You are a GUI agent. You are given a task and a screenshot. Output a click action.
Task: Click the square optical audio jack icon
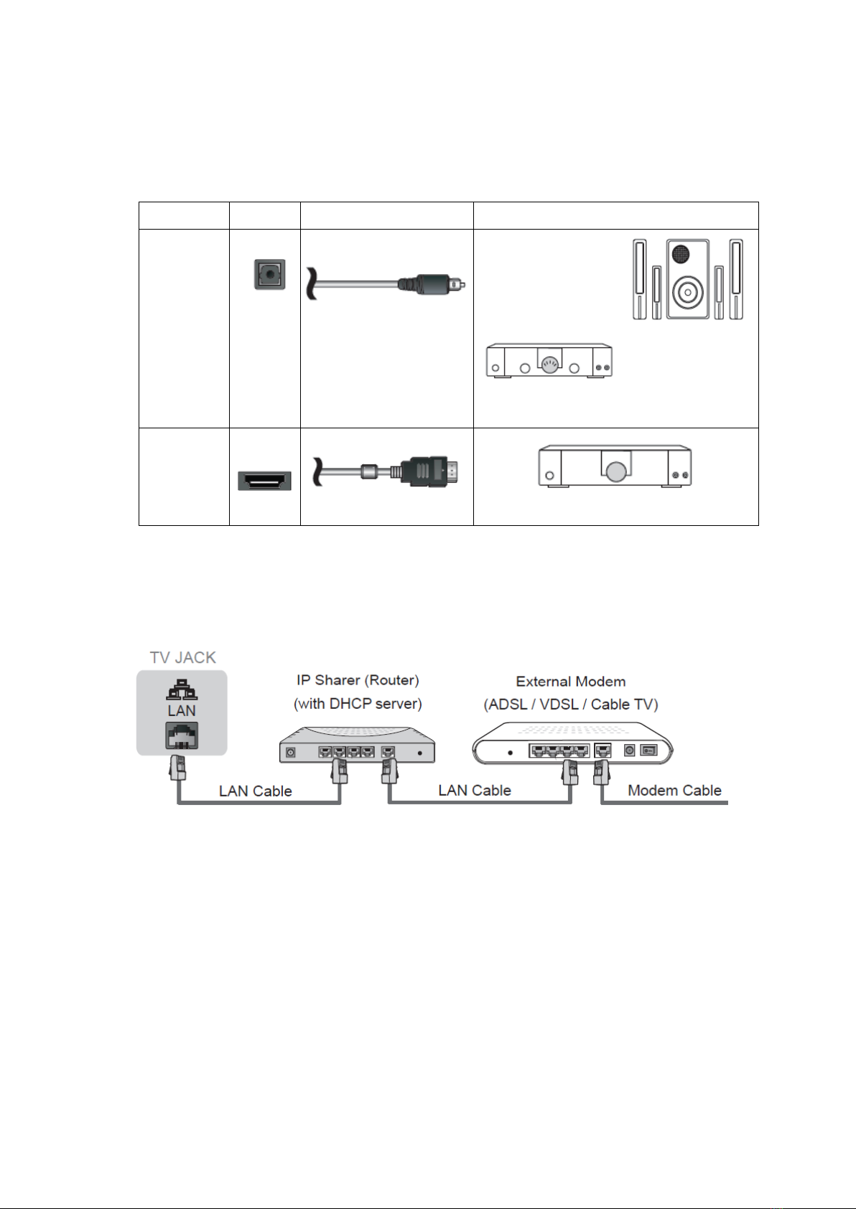point(269,274)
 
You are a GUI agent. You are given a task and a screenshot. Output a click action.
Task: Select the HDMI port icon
point(264,481)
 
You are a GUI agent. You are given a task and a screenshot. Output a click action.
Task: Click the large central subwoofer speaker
point(687,279)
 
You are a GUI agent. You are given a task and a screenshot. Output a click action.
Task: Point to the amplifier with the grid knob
point(549,360)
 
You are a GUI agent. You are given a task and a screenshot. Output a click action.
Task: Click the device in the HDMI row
point(615,466)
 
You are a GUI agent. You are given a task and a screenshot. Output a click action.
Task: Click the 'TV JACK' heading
point(182,657)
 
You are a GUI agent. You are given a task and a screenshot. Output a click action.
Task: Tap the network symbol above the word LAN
point(182,689)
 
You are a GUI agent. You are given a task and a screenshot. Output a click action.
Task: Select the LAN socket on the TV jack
point(182,736)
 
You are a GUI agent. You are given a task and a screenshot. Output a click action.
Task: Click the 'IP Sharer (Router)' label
point(358,680)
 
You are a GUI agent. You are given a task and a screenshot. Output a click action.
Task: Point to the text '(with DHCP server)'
point(358,704)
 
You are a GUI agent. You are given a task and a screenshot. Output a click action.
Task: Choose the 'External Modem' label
point(571,682)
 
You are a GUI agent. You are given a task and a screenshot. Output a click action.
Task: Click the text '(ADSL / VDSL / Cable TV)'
point(571,705)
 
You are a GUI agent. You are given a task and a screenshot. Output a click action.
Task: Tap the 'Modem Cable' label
point(674,791)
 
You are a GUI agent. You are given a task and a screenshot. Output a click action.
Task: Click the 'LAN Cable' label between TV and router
point(256,791)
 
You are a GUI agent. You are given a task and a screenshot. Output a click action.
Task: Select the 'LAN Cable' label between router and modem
point(475,791)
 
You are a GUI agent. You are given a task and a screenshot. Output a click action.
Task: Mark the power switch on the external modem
point(648,751)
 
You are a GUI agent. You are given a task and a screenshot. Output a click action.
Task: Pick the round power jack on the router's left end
point(291,753)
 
